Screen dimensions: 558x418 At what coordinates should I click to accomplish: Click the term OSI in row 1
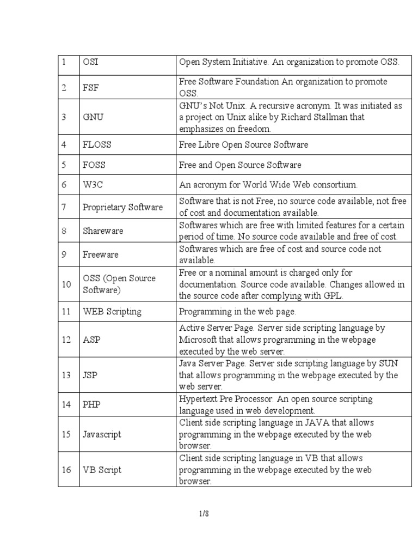pyautogui.click(x=90, y=63)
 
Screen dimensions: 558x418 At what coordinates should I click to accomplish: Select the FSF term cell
pyautogui.click(x=90, y=88)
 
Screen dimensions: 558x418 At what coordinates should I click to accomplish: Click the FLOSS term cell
pyautogui.click(x=95, y=145)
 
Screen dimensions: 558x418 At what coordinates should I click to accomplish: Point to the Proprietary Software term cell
pyautogui.click(x=122, y=207)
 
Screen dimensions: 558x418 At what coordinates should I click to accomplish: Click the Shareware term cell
pyautogui.click(x=103, y=231)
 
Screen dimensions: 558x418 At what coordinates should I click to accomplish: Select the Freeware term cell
pyautogui.click(x=101, y=254)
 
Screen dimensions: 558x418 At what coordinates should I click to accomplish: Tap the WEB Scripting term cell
pyautogui.click(x=112, y=312)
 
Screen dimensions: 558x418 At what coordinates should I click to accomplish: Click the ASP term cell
pyautogui.click(x=91, y=339)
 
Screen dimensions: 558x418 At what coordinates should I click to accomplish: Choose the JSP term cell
pyautogui.click(x=90, y=375)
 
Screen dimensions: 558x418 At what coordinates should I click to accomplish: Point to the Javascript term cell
pyautogui.click(x=102, y=434)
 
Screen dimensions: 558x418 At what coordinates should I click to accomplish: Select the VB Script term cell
pyautogui.click(x=102, y=470)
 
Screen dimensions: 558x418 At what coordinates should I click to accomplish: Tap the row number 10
pyautogui.click(x=66, y=284)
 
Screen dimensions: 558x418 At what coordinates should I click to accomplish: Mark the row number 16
pyautogui.click(x=66, y=470)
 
